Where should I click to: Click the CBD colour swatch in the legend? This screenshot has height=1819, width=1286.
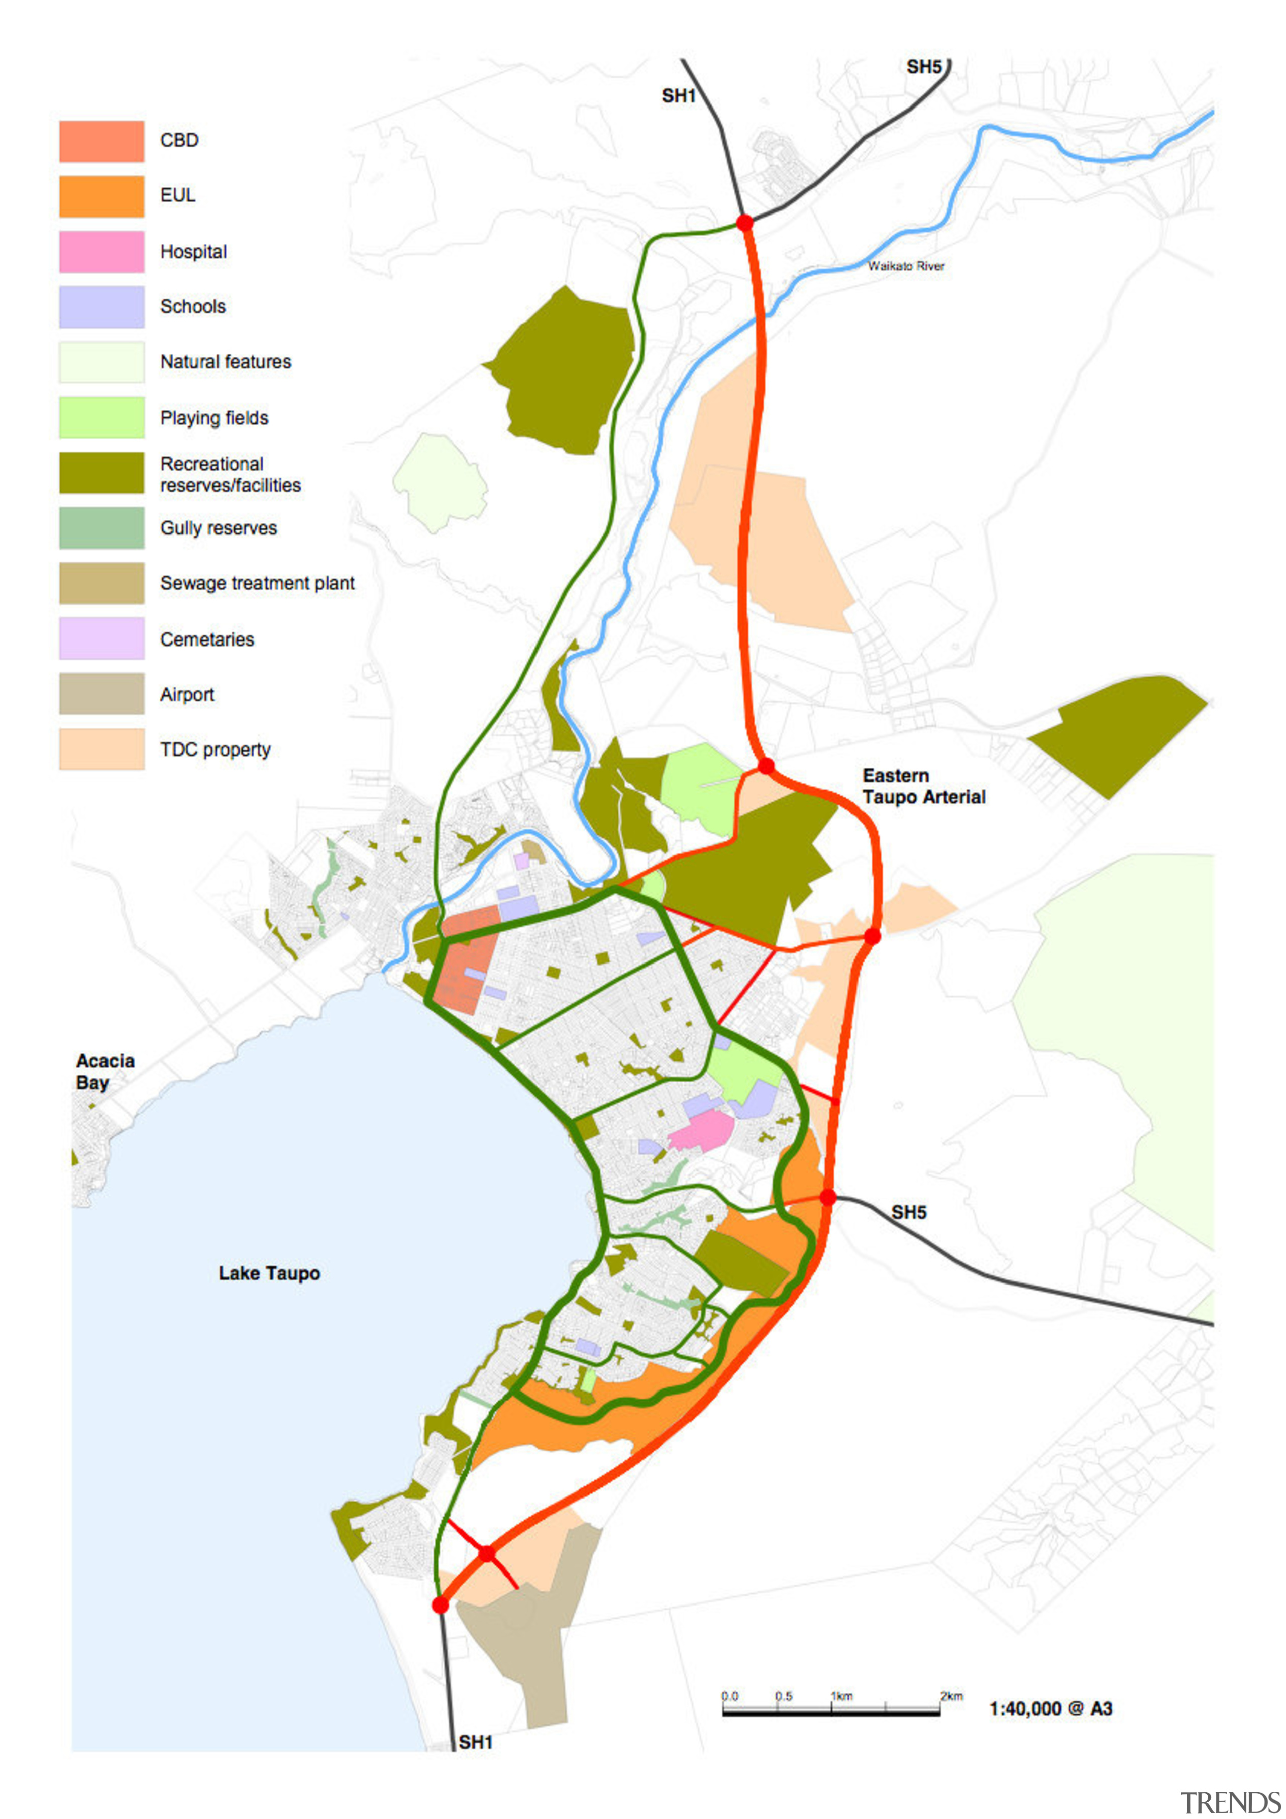[101, 141]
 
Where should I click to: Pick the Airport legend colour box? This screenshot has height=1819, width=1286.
[101, 694]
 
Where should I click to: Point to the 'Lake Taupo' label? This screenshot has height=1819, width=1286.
[269, 1273]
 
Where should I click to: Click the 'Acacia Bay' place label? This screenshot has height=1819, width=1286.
[104, 1071]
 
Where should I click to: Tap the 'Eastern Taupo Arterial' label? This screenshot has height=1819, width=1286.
[923, 786]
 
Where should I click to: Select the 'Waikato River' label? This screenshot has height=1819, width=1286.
[906, 266]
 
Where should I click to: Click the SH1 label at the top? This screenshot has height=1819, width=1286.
[678, 96]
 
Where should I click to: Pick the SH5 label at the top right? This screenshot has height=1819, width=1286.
[924, 67]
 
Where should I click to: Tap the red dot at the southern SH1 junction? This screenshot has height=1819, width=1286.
[440, 1605]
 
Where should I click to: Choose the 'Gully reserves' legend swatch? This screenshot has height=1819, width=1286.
[101, 527]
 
